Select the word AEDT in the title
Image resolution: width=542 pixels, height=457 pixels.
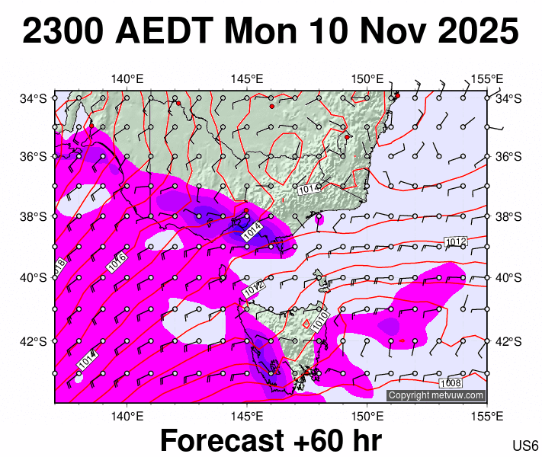(164, 32)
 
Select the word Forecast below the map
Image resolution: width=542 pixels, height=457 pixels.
(229, 441)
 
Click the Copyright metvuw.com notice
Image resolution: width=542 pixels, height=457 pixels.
(436, 395)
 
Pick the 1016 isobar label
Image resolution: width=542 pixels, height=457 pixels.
(117, 261)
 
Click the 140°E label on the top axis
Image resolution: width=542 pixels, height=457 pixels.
(127, 78)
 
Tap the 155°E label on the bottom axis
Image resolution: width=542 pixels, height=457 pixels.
(486, 416)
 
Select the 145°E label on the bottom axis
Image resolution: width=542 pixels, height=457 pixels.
(247, 416)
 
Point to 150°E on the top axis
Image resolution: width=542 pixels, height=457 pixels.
(367, 78)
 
